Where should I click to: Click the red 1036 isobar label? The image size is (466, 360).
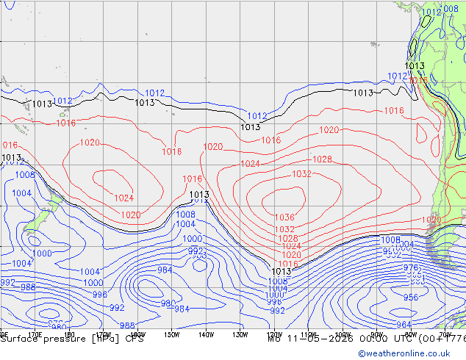[284, 217]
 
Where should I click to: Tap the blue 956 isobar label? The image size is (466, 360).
[410, 298]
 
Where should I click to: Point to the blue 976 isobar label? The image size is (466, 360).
[412, 269]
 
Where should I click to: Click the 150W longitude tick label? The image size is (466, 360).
[171, 335]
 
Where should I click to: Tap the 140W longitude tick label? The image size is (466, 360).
[206, 335]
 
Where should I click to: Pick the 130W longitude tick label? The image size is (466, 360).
[240, 335]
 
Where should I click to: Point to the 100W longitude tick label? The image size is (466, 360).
[343, 335]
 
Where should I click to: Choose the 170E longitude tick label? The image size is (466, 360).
[35, 335]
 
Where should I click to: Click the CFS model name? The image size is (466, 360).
[135, 339]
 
